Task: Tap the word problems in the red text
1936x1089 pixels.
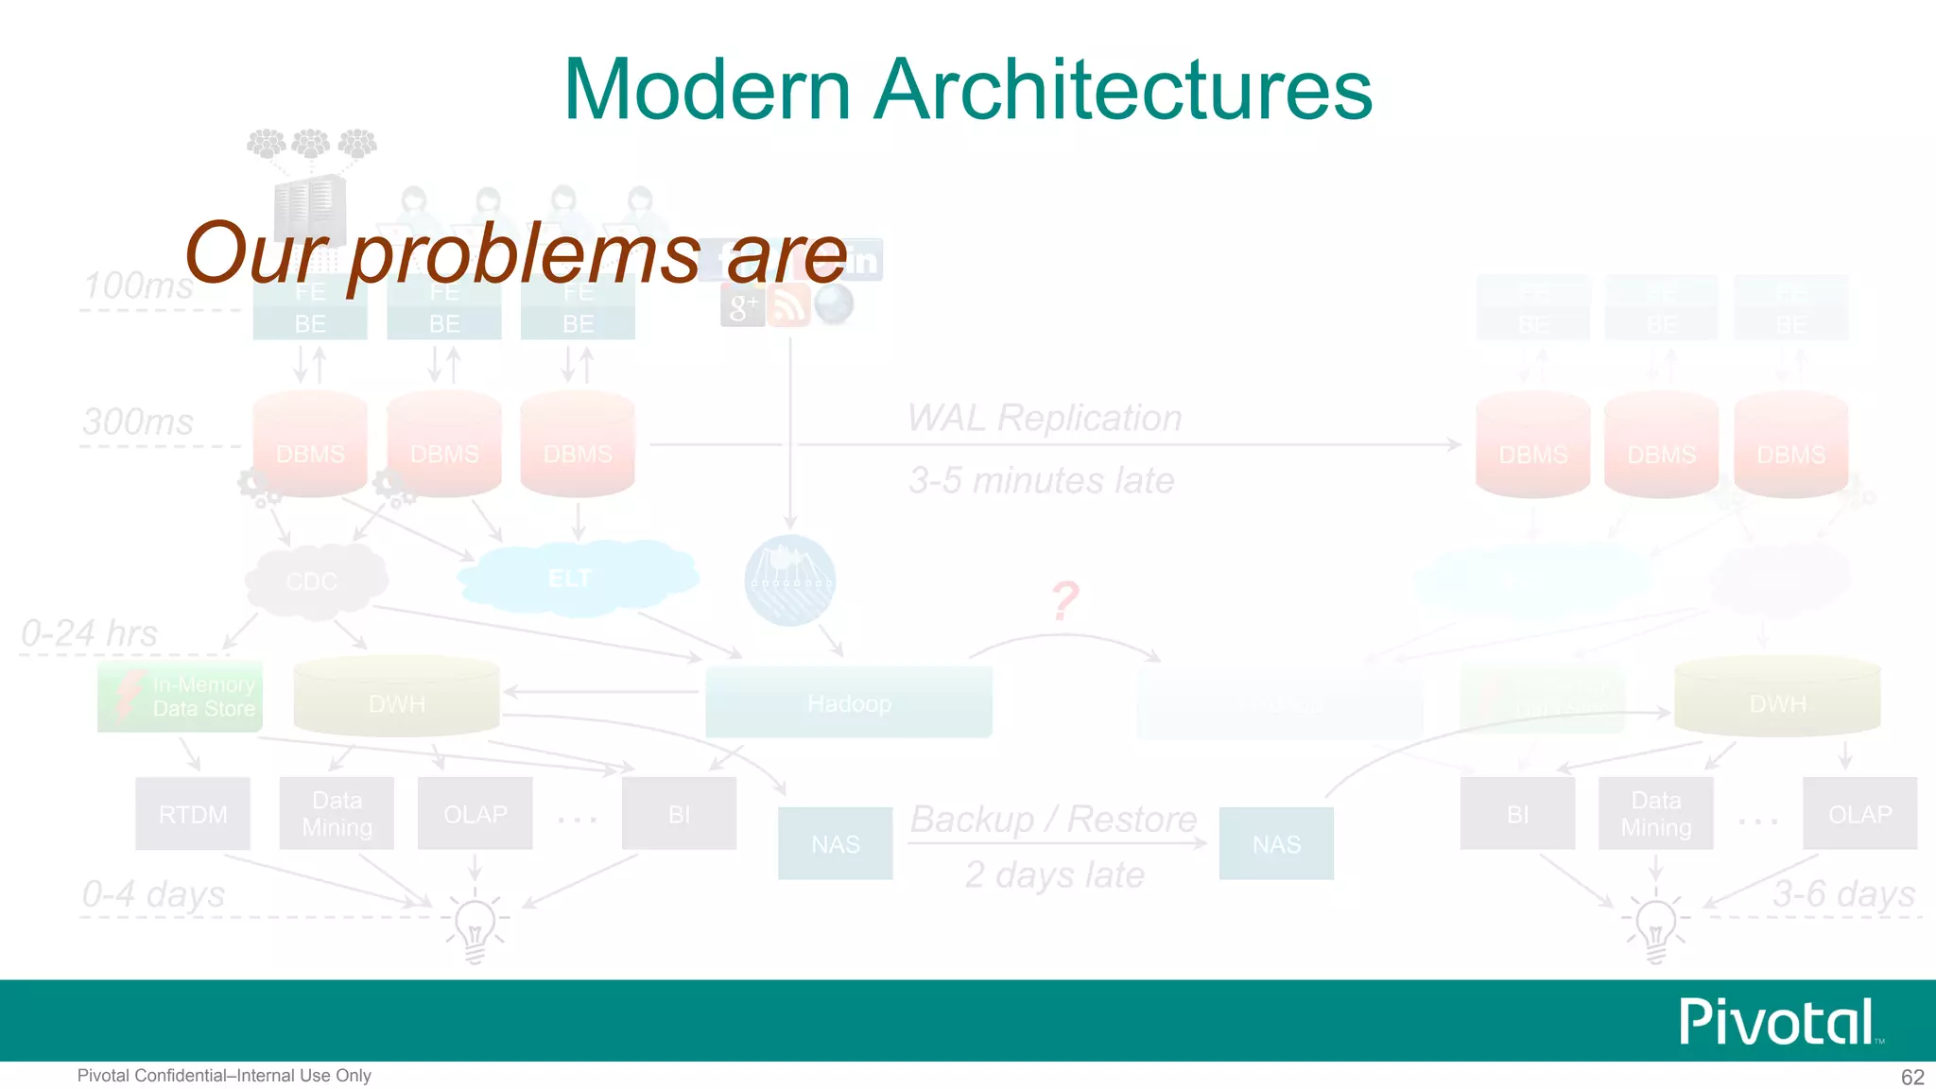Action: click(x=525, y=253)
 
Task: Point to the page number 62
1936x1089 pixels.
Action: click(x=1912, y=1077)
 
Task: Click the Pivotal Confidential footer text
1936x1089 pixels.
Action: click(x=224, y=1076)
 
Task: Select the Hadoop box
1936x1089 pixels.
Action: click(x=848, y=702)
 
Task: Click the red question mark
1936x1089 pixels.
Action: click(x=1065, y=601)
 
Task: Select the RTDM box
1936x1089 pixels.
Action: click(x=193, y=814)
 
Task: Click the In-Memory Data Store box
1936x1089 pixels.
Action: click(x=180, y=697)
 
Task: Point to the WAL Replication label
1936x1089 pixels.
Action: click(x=1045, y=418)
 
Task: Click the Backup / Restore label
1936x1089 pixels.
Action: click(x=1053, y=819)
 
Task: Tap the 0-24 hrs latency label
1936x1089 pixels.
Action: click(x=90, y=633)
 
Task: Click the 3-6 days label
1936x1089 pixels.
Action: click(x=1843, y=893)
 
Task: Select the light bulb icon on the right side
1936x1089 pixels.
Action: click(x=1655, y=926)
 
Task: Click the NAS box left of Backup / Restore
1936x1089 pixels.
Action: click(x=835, y=843)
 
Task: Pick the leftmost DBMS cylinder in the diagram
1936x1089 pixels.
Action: click(x=310, y=444)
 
